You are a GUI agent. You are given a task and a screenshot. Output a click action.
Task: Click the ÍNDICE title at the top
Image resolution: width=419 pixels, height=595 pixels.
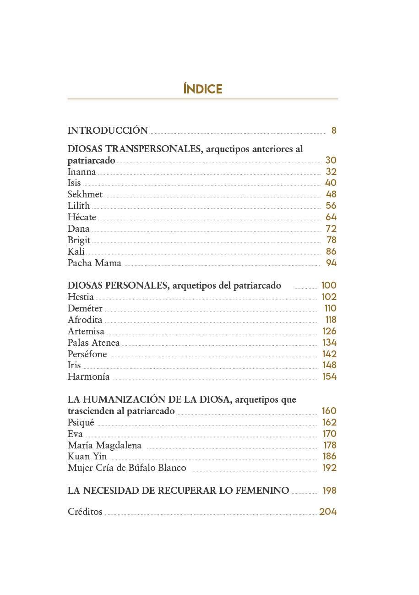click(x=203, y=89)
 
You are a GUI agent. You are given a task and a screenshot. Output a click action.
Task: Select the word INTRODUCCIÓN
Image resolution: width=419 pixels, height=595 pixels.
click(x=108, y=131)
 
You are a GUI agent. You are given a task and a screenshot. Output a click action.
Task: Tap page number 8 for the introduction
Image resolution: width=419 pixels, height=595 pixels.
click(x=334, y=131)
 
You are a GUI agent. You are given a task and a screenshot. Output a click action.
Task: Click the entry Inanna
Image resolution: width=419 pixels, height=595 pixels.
click(x=82, y=172)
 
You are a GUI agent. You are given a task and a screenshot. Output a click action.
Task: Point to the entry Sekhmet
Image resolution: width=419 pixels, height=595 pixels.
click(x=85, y=195)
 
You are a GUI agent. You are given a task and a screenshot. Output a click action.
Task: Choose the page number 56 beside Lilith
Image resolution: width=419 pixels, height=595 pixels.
click(x=331, y=206)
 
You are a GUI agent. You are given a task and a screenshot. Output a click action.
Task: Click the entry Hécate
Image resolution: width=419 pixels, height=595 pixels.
click(x=82, y=217)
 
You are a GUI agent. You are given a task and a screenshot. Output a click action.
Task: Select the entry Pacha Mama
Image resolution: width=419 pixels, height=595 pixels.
click(x=94, y=263)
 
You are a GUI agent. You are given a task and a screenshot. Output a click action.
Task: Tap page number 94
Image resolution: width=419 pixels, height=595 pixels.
click(x=331, y=263)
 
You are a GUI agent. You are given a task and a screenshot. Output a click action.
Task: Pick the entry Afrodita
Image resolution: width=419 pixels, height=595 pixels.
click(x=85, y=320)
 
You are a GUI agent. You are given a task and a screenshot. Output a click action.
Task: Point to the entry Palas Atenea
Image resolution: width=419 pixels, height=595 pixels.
click(x=93, y=343)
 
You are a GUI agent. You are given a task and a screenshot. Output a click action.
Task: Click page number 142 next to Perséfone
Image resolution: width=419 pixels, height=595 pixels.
click(x=329, y=354)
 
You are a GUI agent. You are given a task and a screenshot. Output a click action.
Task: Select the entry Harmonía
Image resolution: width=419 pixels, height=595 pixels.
click(x=88, y=377)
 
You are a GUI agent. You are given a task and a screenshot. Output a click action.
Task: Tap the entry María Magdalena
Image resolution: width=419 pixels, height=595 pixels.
click(x=104, y=445)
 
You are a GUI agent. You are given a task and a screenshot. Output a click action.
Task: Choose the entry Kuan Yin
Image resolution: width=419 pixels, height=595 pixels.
click(x=87, y=456)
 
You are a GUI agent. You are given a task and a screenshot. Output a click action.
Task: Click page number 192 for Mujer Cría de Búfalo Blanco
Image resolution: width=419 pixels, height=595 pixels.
click(x=329, y=468)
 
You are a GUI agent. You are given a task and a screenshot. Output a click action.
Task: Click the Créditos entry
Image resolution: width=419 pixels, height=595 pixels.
click(x=85, y=512)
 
